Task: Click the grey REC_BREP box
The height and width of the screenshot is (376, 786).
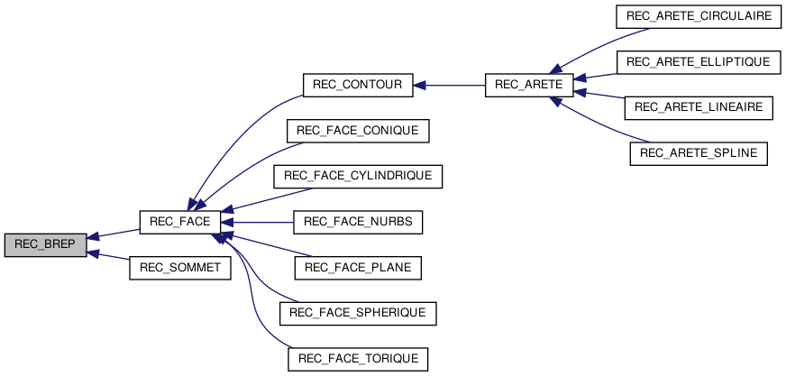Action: (x=45, y=244)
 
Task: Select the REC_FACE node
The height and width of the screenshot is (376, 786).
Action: (x=179, y=221)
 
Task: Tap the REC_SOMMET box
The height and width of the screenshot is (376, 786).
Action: (x=180, y=267)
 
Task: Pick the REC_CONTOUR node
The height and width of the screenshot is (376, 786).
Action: (x=357, y=86)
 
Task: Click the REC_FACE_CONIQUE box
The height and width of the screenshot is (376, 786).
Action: (x=358, y=131)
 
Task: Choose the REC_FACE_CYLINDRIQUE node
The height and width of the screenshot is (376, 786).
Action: (x=358, y=176)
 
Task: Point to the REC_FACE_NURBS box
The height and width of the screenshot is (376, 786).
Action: (x=358, y=221)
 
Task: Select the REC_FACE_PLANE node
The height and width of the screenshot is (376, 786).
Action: (x=358, y=267)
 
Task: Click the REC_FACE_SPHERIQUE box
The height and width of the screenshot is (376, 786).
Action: (x=358, y=313)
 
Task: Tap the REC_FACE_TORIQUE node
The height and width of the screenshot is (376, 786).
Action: (x=358, y=358)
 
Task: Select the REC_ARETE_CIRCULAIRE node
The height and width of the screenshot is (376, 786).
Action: (x=698, y=17)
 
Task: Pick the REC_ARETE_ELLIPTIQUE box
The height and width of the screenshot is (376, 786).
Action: (x=698, y=62)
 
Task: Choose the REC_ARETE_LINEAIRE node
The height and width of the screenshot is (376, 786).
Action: (x=699, y=107)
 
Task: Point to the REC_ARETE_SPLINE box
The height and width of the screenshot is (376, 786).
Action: (x=699, y=153)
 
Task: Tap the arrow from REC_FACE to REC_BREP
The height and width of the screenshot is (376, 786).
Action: (x=113, y=234)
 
